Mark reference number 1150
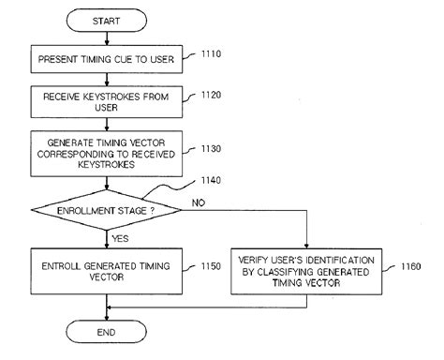(211, 266)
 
